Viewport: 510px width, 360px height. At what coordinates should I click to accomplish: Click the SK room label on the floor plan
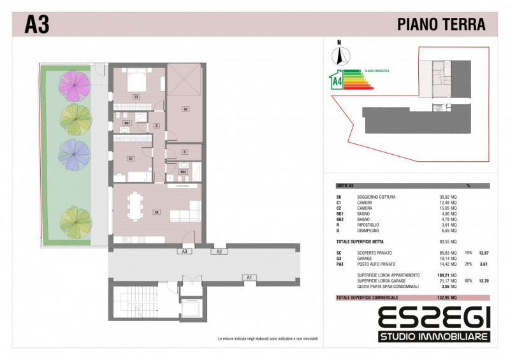pyautogui.click(x=156, y=212)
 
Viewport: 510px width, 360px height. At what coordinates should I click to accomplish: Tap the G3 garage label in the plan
pyautogui.click(x=186, y=108)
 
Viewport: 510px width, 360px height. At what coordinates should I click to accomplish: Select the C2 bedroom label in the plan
pyautogui.click(x=136, y=97)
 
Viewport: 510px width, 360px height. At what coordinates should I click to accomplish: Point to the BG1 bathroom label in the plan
pyautogui.click(x=127, y=122)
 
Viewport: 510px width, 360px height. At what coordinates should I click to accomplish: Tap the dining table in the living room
pyautogui.click(x=135, y=207)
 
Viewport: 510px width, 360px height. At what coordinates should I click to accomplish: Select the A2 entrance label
pyautogui.click(x=219, y=252)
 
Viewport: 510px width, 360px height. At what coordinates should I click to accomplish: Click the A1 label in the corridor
pyautogui.click(x=250, y=277)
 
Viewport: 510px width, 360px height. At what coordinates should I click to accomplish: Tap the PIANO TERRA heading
pyautogui.click(x=441, y=25)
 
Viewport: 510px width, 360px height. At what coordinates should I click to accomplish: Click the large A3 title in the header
pyautogui.click(x=37, y=25)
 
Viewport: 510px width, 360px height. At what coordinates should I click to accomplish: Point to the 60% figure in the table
pyautogui.click(x=468, y=280)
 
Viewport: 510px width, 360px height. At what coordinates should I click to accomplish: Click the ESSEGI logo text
pyautogui.click(x=433, y=317)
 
